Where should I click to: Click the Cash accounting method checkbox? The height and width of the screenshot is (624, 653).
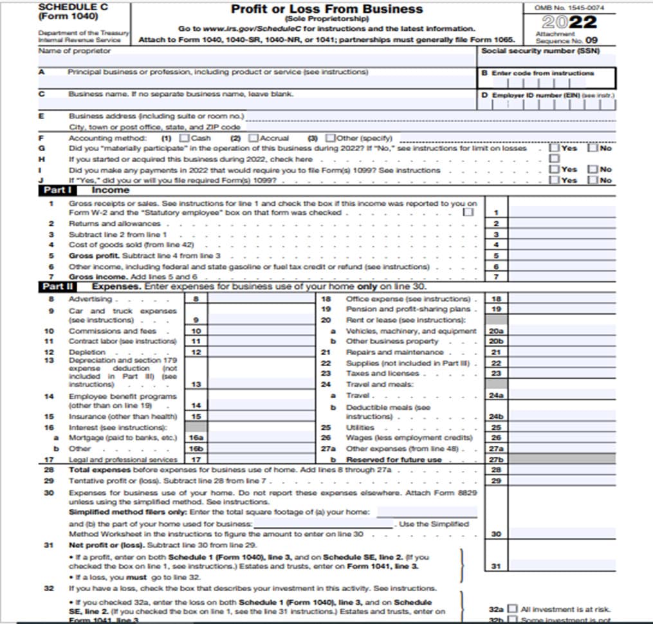pos(185,138)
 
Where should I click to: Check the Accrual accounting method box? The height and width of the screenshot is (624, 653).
pos(253,138)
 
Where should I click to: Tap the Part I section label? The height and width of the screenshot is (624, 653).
pos(58,191)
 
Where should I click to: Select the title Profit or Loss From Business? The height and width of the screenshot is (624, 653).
pos(327,9)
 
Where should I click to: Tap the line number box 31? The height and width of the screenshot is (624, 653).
pos(495,566)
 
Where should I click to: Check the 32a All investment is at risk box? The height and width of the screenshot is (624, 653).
pos(512,609)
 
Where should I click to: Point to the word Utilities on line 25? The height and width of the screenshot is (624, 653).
pos(360,427)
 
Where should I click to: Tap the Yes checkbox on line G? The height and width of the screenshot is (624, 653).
pos(554,148)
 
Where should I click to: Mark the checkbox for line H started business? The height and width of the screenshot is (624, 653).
pos(554,158)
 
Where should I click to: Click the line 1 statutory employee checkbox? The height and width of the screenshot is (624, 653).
pos(468,212)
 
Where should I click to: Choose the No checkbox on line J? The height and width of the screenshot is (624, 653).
pos(593,180)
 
